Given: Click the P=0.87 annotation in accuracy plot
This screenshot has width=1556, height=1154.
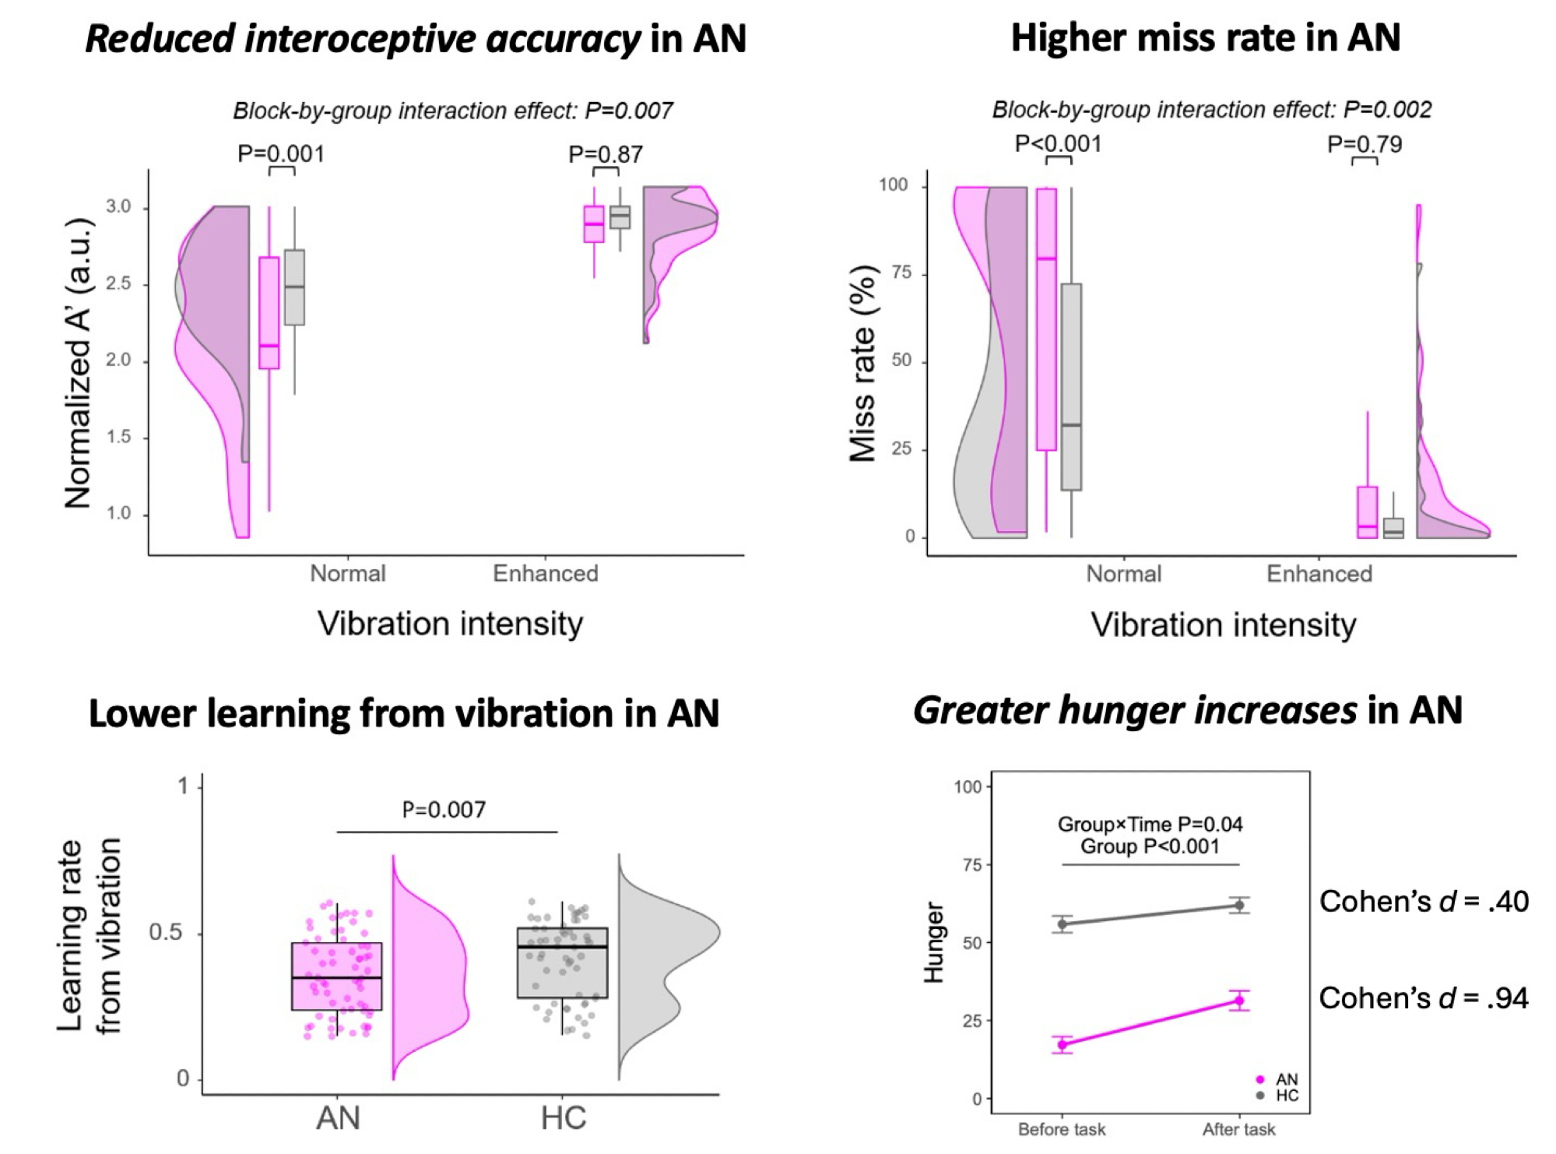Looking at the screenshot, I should (606, 154).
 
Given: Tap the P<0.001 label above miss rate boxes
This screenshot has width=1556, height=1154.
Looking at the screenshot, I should (1058, 144).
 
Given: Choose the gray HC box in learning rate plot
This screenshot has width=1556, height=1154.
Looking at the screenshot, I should (562, 962).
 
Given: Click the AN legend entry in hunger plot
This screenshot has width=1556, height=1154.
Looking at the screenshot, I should (1279, 1079).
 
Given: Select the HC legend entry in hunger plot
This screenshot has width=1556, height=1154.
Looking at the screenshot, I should (1279, 1096).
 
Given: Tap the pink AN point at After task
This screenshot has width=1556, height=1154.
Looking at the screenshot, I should (1238, 1001).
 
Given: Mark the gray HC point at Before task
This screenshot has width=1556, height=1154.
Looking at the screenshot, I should (1062, 924).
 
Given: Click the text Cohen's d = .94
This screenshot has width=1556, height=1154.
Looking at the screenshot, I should (1423, 998).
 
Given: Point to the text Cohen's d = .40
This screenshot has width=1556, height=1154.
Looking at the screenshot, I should (1424, 902).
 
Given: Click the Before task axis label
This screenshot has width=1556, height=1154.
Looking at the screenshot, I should (1062, 1129).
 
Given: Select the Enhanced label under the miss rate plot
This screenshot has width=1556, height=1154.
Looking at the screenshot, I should (1319, 574).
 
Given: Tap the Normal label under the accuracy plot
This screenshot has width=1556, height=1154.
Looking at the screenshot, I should (347, 574).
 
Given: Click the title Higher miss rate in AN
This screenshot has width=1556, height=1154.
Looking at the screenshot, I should (1205, 37).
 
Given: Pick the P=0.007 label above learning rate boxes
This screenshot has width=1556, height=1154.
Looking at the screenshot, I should (444, 810).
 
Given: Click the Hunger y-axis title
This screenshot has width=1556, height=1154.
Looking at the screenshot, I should (933, 942).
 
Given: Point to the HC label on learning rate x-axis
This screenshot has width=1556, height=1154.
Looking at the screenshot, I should (563, 1118).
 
